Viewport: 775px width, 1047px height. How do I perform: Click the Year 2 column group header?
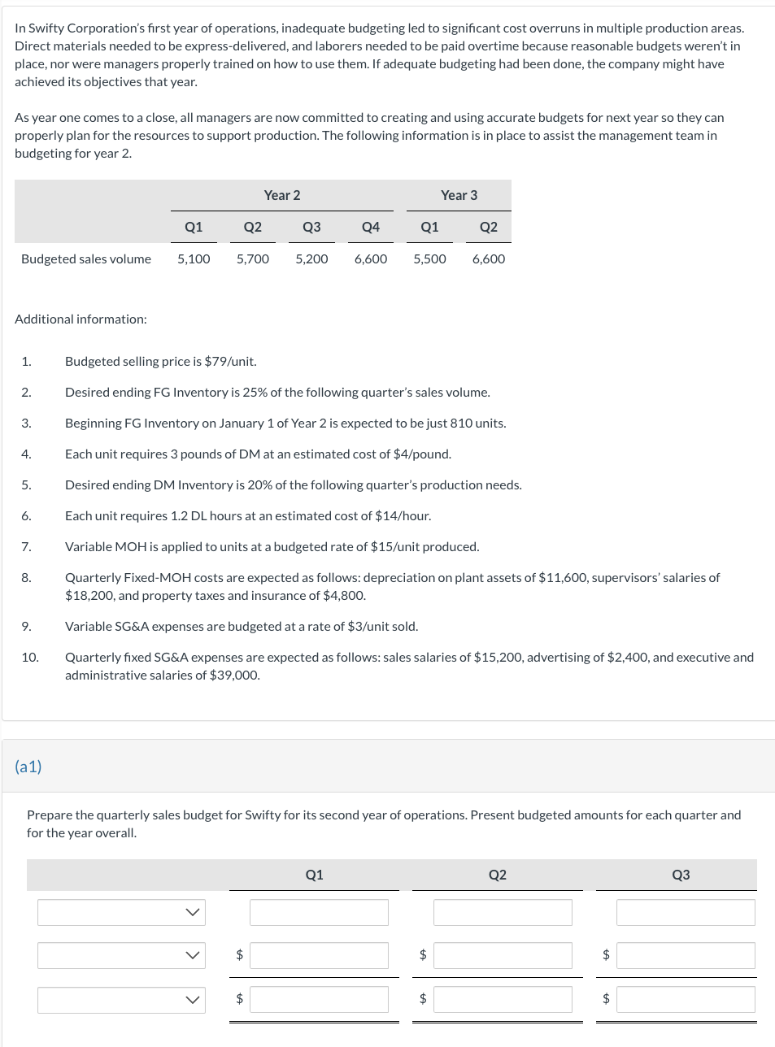[281, 195]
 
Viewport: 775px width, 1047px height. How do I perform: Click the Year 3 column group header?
[459, 195]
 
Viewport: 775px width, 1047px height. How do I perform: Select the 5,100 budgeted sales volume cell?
[194, 258]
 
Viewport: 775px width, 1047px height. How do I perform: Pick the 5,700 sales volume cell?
[252, 258]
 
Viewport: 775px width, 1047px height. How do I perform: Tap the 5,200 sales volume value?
[311, 258]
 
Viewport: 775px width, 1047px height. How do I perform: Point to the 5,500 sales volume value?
[429, 258]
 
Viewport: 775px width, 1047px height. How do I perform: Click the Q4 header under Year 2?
[370, 227]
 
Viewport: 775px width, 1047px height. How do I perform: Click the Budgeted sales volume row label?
[86, 258]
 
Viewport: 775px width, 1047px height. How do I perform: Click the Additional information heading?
[81, 319]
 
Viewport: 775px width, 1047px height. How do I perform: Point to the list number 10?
[30, 657]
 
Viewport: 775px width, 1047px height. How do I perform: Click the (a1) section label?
[28, 766]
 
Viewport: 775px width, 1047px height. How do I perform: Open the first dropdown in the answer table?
[121, 912]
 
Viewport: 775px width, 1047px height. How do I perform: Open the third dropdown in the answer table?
[121, 999]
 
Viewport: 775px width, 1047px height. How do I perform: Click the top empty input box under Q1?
[319, 912]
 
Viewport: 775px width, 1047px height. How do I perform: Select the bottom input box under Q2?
[502, 999]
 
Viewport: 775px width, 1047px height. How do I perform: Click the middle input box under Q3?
[685, 955]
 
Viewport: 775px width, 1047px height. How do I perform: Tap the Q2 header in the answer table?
[497, 875]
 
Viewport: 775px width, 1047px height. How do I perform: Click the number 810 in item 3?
[461, 423]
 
